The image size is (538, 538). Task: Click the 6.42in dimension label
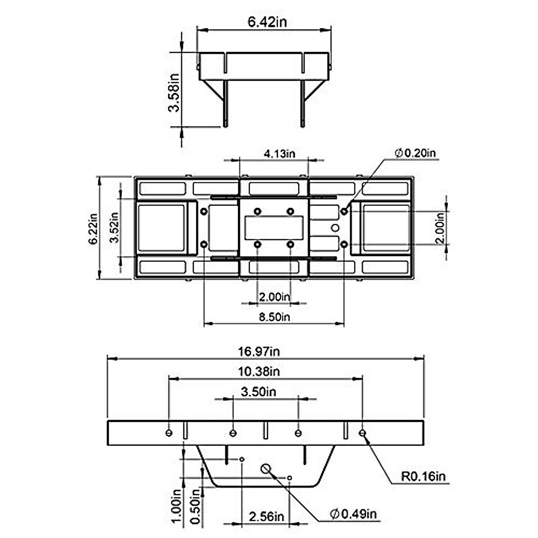267,22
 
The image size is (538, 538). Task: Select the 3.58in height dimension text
174,93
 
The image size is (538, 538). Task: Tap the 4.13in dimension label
279,154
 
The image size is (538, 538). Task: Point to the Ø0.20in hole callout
415,153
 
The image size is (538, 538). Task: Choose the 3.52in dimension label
114,227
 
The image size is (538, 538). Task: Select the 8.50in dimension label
274,317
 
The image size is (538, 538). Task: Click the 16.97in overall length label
259,351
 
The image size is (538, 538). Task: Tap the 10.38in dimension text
259,372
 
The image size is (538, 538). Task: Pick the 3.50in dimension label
259,392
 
